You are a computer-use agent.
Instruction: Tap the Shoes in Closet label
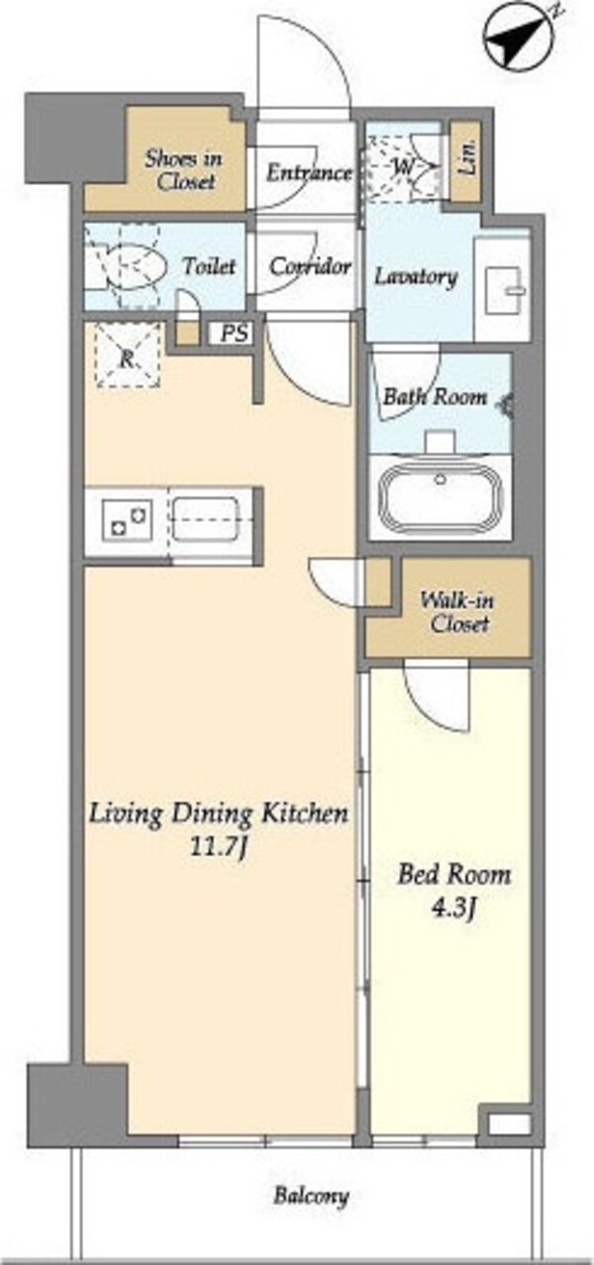183,170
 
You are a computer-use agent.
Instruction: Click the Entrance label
309,173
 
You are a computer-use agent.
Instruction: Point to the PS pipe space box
234,334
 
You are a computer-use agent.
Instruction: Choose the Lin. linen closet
466,162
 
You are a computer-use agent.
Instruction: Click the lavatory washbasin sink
507,290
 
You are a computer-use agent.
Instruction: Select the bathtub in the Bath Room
442,499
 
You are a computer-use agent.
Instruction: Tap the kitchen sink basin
205,519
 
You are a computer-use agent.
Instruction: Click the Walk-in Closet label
456,612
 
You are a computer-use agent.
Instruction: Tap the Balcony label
311,1196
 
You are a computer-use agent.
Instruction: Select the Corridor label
310,266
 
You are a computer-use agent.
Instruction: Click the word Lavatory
416,277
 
